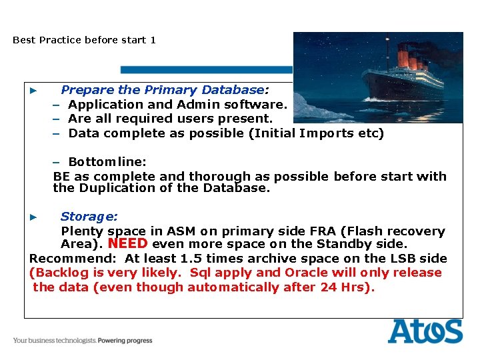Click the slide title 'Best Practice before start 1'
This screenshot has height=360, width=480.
[x=84, y=40]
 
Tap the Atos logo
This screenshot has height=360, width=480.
[x=425, y=331]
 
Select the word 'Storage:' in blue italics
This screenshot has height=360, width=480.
[x=89, y=217]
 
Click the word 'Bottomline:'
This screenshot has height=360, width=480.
[x=107, y=162]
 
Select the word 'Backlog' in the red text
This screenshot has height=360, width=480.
[x=59, y=273]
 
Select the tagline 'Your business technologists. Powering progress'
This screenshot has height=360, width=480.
[x=83, y=341]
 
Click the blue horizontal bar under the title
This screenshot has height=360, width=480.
[x=207, y=69]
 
